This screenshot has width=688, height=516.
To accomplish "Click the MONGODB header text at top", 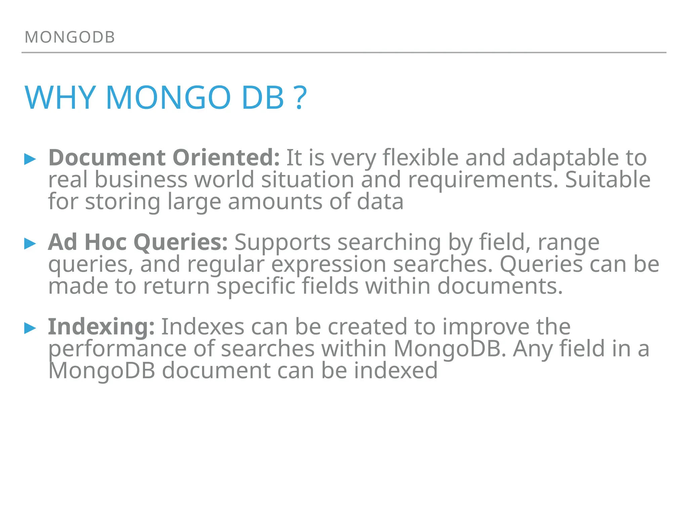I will pyautogui.click(x=70, y=37).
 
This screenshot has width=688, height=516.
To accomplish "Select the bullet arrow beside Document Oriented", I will pyautogui.click(x=30, y=159).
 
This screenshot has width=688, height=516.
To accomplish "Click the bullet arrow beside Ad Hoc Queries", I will pyautogui.click(x=30, y=243).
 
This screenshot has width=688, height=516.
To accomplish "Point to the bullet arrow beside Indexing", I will pyautogui.click(x=30, y=328).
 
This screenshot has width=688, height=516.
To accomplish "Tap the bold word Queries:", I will pyautogui.click(x=181, y=242).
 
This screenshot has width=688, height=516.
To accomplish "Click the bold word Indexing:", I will pyautogui.click(x=101, y=327).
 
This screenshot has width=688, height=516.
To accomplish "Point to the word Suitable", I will pyautogui.click(x=608, y=179).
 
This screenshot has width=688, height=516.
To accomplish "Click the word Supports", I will pyautogui.click(x=283, y=243).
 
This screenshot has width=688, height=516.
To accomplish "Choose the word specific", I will pyautogui.click(x=256, y=286).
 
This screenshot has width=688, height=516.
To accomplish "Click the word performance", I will pyautogui.click(x=117, y=349).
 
